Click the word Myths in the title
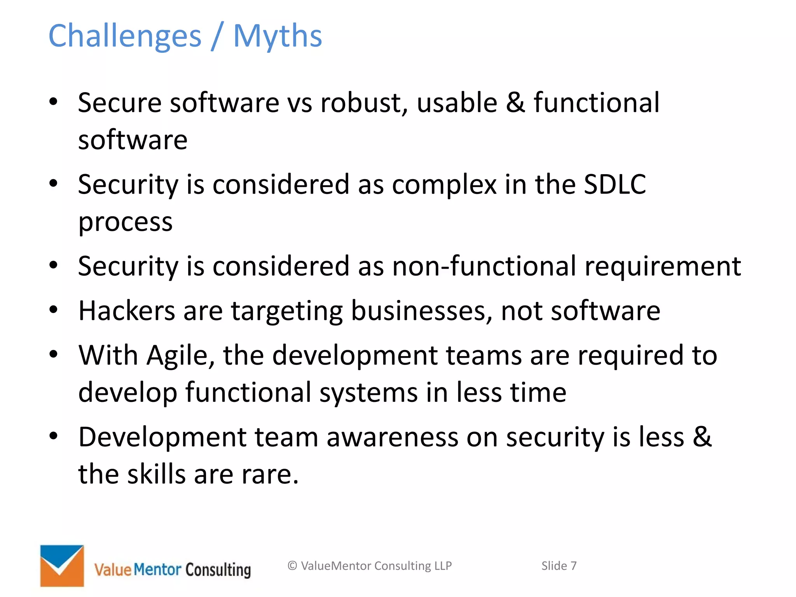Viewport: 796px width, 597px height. tap(278, 36)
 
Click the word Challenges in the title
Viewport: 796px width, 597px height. tap(125, 36)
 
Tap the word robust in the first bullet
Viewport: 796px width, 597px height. tap(364, 103)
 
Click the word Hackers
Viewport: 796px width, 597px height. tap(127, 311)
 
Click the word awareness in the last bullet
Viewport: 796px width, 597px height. tap(392, 437)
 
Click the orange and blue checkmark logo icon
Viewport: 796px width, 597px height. tap(62, 566)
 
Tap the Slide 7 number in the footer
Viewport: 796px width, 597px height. tap(559, 566)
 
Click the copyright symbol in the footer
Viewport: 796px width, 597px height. tap(292, 566)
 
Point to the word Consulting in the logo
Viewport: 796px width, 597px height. tap(218, 570)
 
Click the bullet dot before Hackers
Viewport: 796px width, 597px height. tap(54, 310)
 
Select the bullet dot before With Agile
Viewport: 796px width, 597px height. tap(54, 354)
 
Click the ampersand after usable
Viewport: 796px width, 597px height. tap(515, 103)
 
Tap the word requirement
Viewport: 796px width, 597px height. tap(663, 266)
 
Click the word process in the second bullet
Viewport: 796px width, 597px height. tap(125, 222)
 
